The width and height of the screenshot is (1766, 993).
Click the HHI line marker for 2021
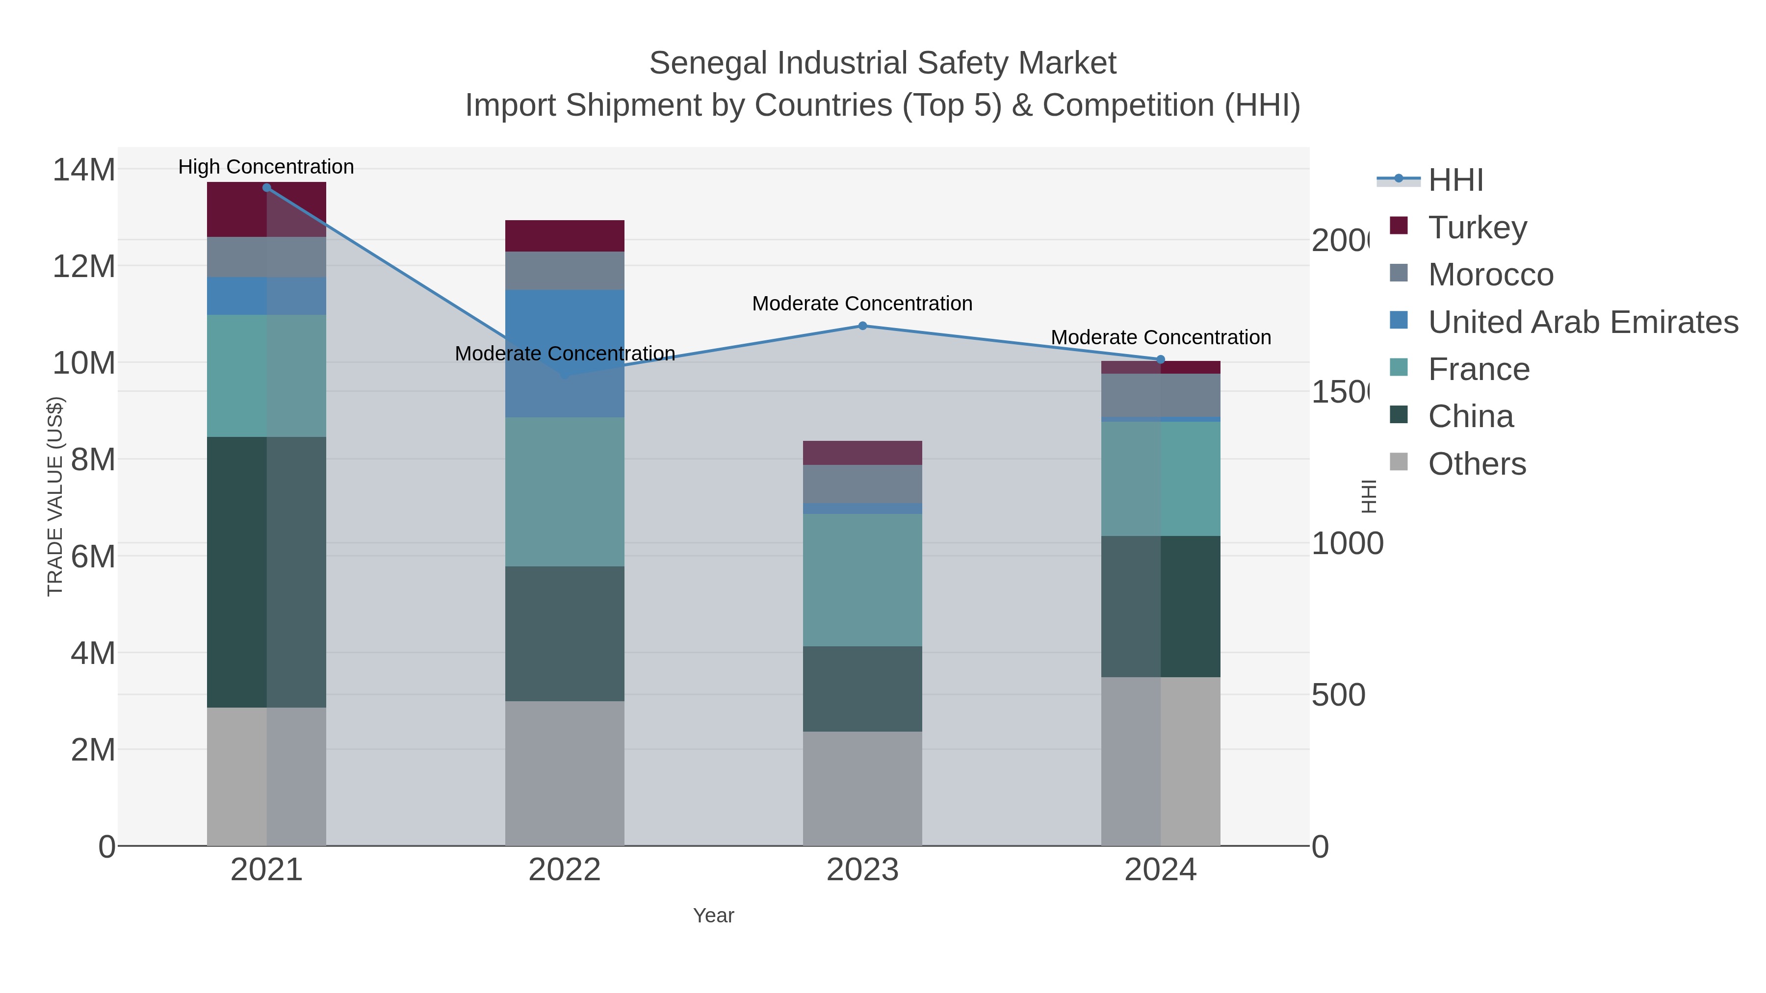(x=267, y=188)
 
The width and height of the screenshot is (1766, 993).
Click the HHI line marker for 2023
(x=862, y=326)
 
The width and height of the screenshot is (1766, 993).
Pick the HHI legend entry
(x=1455, y=179)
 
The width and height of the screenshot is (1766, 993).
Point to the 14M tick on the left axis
(x=83, y=169)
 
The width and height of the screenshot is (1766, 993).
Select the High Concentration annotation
(x=266, y=167)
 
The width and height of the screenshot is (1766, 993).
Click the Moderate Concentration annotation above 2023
(x=862, y=303)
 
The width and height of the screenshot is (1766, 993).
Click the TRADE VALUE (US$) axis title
(x=55, y=496)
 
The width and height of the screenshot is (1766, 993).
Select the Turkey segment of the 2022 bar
(x=564, y=236)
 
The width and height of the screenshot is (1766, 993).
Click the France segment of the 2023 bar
(x=862, y=579)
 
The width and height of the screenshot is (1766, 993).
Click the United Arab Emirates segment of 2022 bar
(x=564, y=322)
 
